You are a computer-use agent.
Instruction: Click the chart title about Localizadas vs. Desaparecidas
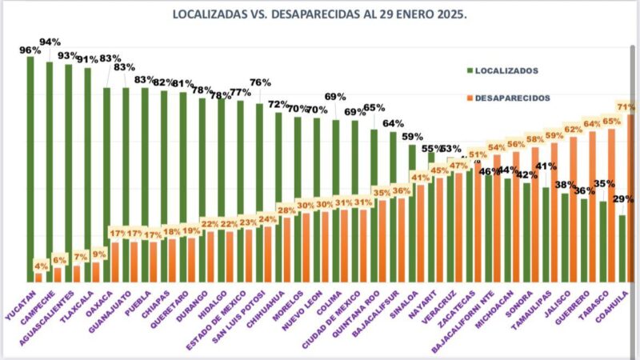[x=320, y=14]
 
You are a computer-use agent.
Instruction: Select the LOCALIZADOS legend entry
[x=512, y=70]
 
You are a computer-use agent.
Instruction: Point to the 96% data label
[x=30, y=50]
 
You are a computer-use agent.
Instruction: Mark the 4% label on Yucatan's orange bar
[x=40, y=266]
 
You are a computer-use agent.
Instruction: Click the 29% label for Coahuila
[x=623, y=199]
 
